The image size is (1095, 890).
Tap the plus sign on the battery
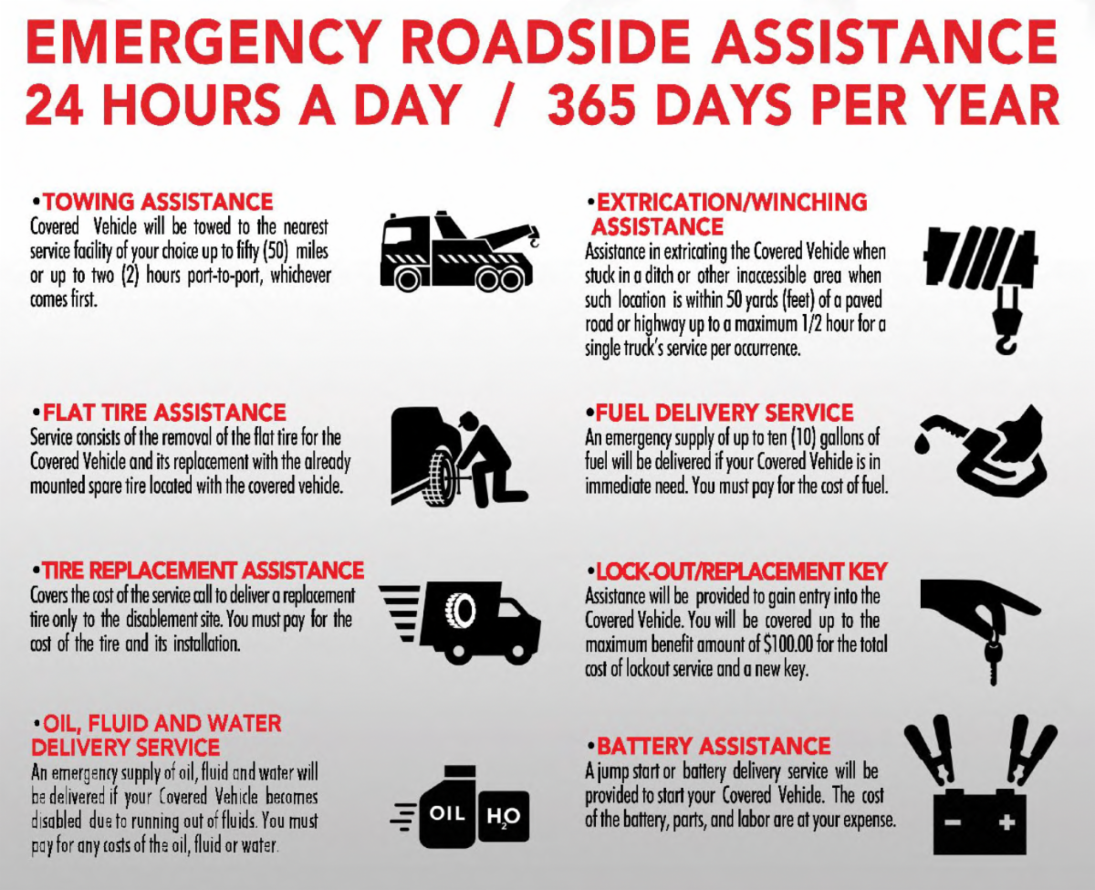[1006, 822]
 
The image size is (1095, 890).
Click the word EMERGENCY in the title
[205, 42]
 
